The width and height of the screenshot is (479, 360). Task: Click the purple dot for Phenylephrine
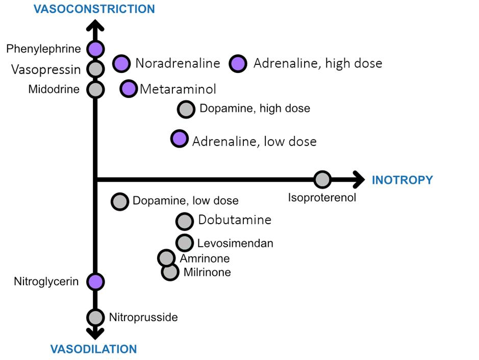(x=95, y=49)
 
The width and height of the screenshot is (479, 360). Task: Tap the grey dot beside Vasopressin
(x=95, y=68)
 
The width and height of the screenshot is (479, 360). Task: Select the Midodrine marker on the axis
(x=95, y=89)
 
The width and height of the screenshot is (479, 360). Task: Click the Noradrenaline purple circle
(x=121, y=63)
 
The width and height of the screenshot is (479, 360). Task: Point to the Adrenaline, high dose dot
(x=238, y=63)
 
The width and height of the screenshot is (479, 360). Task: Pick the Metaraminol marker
(x=129, y=89)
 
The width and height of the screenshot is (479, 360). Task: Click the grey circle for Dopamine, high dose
(x=186, y=109)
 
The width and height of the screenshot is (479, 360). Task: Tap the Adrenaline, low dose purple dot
(x=179, y=139)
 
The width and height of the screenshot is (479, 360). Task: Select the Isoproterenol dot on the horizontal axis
(x=322, y=180)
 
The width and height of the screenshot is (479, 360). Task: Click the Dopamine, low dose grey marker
(x=120, y=201)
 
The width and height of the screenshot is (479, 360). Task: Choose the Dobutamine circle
(x=185, y=221)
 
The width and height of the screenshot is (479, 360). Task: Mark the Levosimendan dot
(x=185, y=243)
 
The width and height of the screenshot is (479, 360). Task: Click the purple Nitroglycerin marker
(x=95, y=281)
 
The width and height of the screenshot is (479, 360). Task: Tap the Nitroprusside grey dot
(x=95, y=317)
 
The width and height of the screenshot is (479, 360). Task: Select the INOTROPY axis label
(x=402, y=180)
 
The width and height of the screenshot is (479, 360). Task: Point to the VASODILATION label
(x=93, y=349)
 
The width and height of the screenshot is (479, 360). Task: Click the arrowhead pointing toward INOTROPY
(x=359, y=180)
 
